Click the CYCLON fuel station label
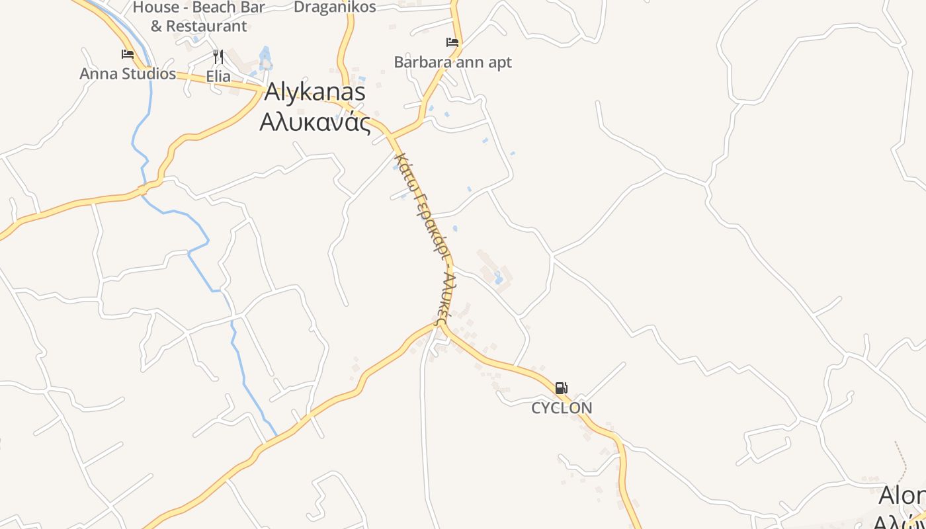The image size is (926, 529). [x=562, y=408]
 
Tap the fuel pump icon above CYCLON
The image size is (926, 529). [x=561, y=388]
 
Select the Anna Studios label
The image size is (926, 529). [x=128, y=73]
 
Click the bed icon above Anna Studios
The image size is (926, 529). [x=128, y=54]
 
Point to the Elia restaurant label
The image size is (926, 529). [x=218, y=76]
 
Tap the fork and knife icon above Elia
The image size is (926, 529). [x=218, y=57]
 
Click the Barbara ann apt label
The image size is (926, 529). [x=452, y=62]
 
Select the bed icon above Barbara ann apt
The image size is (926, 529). [x=452, y=42]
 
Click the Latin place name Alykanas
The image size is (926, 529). [x=315, y=92]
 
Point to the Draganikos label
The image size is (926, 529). [x=335, y=7]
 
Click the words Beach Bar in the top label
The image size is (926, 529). [x=229, y=7]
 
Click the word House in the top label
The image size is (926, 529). [x=156, y=7]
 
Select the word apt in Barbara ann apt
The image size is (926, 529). [x=499, y=63]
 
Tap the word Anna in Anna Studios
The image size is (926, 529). [x=97, y=73]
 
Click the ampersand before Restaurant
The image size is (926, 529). [x=156, y=26]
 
